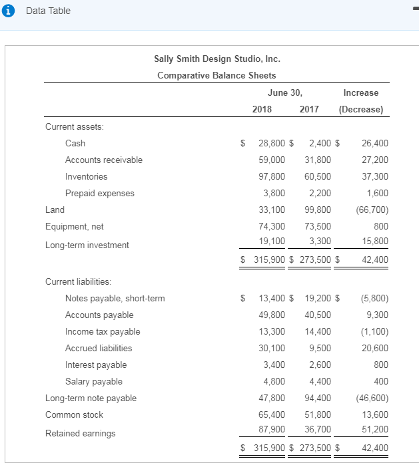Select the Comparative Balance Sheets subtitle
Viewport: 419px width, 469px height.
pos(216,75)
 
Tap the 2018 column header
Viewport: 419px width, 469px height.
pos(262,109)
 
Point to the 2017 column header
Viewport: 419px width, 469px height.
pos(309,109)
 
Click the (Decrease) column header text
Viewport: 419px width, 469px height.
pos(361,109)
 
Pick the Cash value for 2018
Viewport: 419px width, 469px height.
pos(271,143)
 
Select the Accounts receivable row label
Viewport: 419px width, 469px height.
pos(103,160)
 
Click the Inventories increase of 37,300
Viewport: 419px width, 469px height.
pos(375,176)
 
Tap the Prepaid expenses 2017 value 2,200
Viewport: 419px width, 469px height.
pos(319,193)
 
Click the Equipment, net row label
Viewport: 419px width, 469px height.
pos(74,226)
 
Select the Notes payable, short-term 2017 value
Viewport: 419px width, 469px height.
pos(319,298)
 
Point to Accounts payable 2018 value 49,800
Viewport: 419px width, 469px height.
pos(271,315)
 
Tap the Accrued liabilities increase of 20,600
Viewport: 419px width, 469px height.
pos(375,348)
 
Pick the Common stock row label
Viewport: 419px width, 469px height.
pos(74,414)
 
